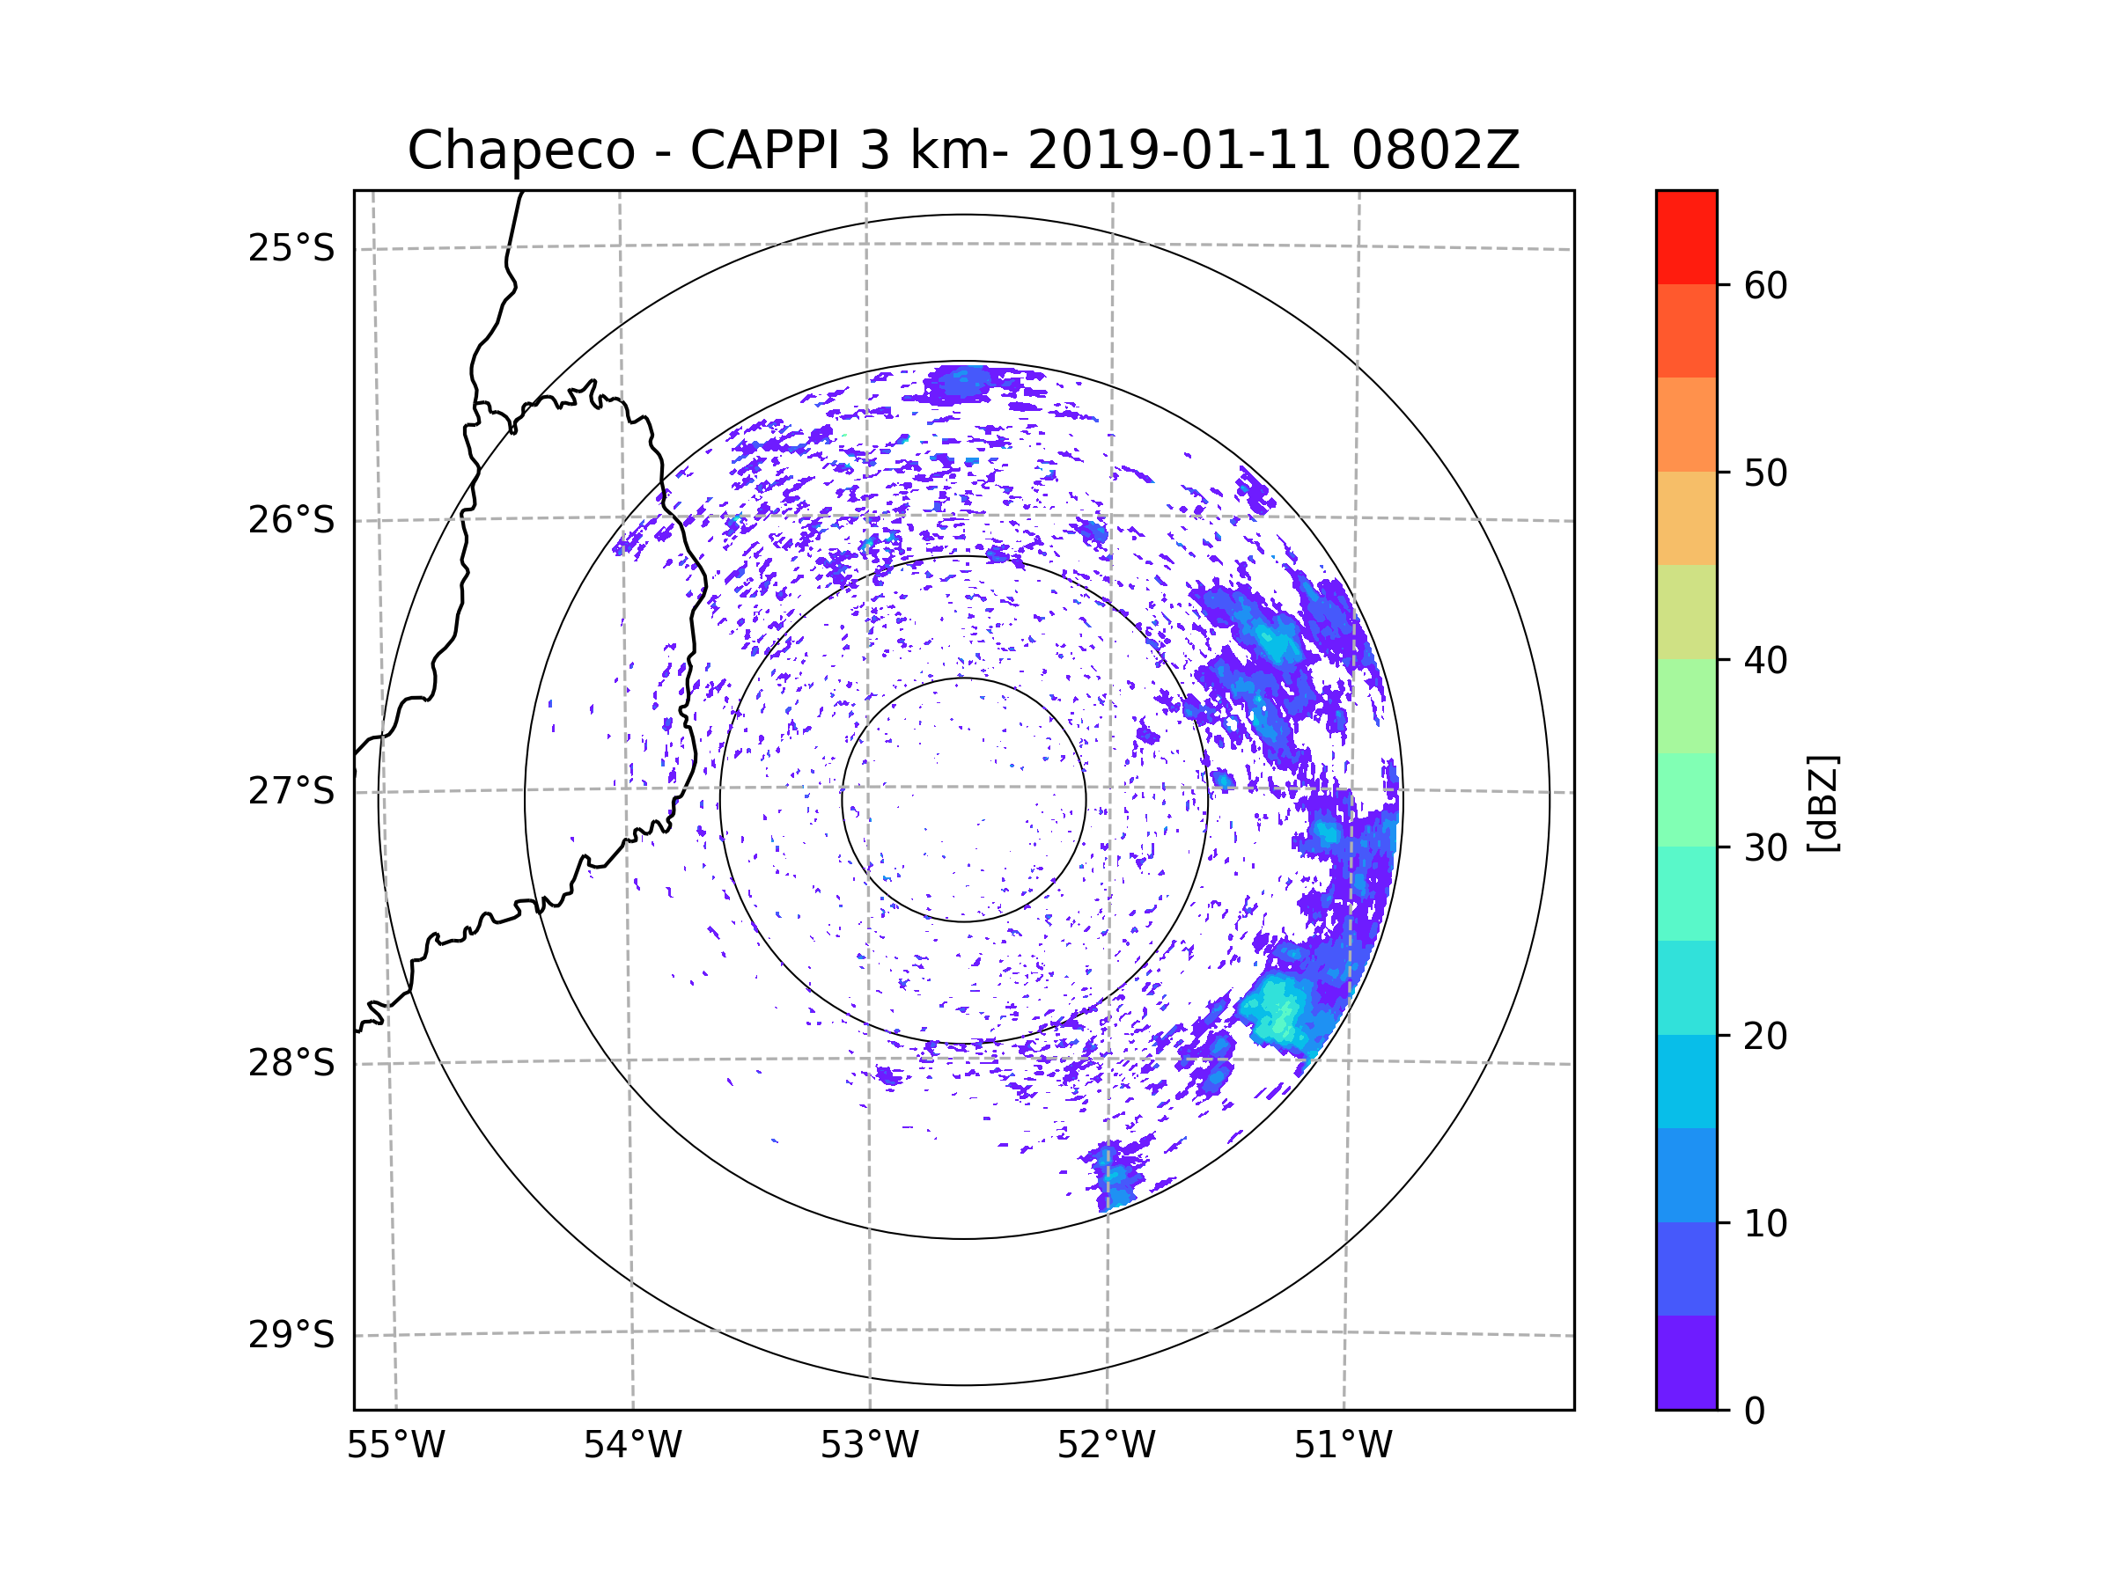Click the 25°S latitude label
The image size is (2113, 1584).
(x=291, y=248)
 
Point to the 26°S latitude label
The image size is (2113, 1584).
(x=291, y=520)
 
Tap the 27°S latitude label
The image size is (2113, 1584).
(x=291, y=791)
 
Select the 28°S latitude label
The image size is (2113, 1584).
(x=291, y=1063)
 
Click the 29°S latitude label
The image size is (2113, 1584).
(x=291, y=1335)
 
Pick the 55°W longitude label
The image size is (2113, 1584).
(x=395, y=1446)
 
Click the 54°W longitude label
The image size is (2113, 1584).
(x=632, y=1446)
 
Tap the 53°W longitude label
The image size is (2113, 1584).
(x=869, y=1446)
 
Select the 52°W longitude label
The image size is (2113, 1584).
(x=1106, y=1446)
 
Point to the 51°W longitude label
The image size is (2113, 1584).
(x=1343, y=1446)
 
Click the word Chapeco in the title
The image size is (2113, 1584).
(x=520, y=150)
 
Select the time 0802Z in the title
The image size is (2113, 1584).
(x=1435, y=150)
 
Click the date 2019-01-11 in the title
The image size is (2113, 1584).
(x=1179, y=150)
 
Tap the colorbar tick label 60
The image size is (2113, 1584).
(x=1765, y=285)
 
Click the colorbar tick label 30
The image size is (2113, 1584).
(x=1765, y=847)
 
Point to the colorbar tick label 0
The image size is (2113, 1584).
(x=1755, y=1412)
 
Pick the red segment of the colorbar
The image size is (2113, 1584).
(x=1686, y=237)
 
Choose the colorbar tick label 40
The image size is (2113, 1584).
(x=1765, y=661)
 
